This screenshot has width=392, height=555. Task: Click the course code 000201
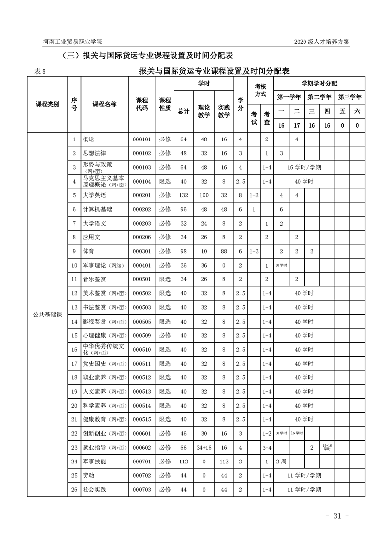[141, 195]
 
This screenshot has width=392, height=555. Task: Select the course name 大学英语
[94, 195]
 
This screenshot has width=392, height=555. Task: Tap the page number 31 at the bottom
[338, 516]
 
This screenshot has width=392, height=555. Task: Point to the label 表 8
[40, 72]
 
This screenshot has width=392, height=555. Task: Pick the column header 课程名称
[104, 104]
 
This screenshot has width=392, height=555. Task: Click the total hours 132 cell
[183, 195]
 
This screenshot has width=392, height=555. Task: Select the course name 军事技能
[94, 462]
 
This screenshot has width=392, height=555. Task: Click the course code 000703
[141, 490]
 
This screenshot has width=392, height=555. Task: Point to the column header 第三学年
[349, 97]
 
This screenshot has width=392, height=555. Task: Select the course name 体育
[88, 252]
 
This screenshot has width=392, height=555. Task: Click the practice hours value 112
[224, 462]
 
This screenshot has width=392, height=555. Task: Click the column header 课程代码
[142, 104]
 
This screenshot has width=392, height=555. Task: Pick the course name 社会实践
[94, 490]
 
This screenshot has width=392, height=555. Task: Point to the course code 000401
[141, 266]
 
